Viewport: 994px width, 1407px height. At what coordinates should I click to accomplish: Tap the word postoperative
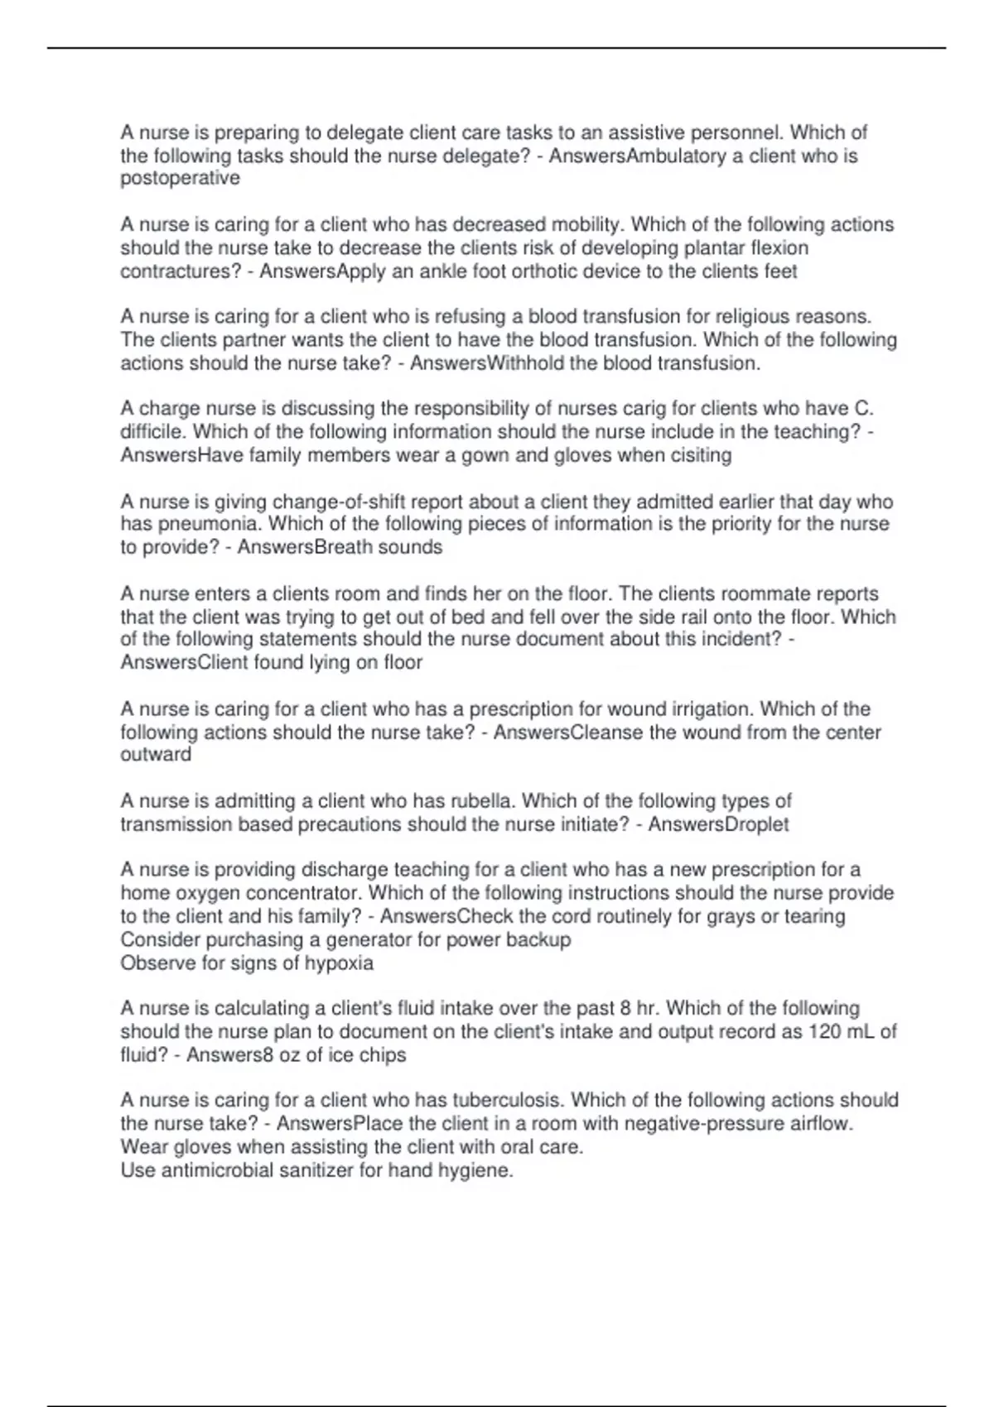(180, 179)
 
